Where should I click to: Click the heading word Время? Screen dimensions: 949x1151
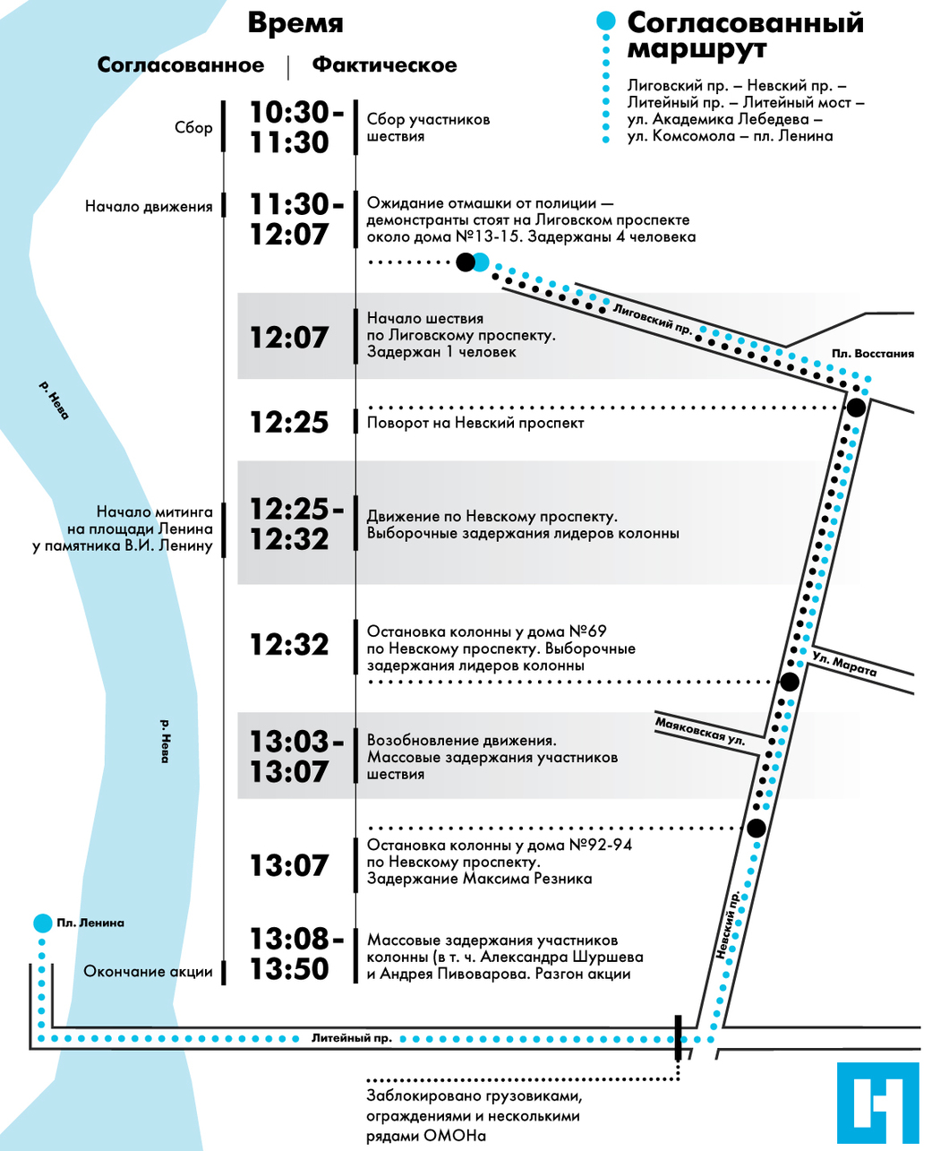click(295, 23)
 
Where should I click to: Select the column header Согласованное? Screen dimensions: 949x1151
click(181, 65)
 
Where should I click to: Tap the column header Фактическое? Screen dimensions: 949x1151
click(385, 65)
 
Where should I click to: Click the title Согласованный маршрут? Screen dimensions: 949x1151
click(745, 35)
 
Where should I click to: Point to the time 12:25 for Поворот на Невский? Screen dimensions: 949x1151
click(289, 422)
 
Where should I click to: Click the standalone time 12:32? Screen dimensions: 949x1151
click(289, 644)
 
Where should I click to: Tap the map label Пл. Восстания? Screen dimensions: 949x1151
click(872, 353)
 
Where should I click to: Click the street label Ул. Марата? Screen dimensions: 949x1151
click(844, 663)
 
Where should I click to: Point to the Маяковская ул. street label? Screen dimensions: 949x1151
click(700, 732)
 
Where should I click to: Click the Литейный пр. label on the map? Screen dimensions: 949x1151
click(352, 1038)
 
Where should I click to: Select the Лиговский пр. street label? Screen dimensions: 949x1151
click(653, 319)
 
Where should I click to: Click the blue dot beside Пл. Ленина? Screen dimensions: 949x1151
click(42, 923)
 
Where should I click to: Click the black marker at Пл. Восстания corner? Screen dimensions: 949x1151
click(856, 408)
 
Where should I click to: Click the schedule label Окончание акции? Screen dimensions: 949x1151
click(148, 971)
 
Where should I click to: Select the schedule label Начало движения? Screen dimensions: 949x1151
click(149, 207)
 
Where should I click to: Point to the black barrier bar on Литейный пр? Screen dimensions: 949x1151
click(679, 1037)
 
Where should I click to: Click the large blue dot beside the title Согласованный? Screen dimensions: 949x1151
click(606, 21)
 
